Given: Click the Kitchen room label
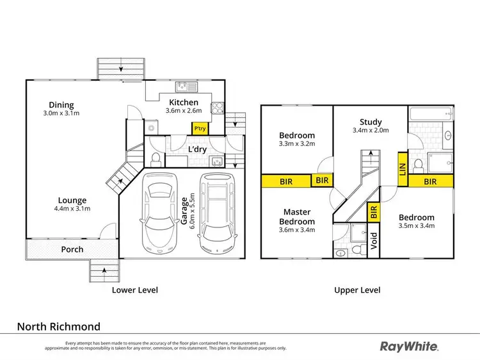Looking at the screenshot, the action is click(x=183, y=102).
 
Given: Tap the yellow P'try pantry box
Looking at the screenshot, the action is click(x=200, y=128).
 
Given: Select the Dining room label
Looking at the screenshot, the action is click(x=61, y=105).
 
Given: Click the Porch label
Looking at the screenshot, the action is click(x=72, y=249).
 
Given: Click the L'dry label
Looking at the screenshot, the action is click(x=196, y=150).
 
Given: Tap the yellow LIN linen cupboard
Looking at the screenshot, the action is click(x=403, y=168).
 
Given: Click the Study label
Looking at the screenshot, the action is click(x=371, y=122).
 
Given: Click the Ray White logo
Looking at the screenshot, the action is click(x=410, y=346).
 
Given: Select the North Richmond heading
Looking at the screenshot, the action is click(x=58, y=326).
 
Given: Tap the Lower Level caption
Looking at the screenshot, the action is click(x=134, y=290).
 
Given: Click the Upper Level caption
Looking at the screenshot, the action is click(x=357, y=290).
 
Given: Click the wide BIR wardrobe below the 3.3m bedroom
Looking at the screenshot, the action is click(x=286, y=181).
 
